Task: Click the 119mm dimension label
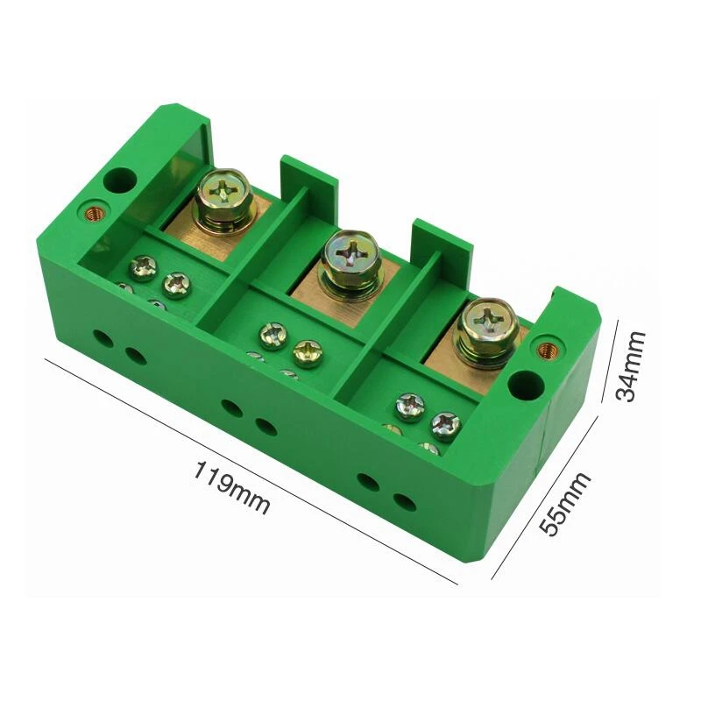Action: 231,488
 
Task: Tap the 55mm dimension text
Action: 564,503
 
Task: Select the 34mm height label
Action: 630,366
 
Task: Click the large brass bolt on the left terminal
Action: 224,201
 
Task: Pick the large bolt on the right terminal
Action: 486,332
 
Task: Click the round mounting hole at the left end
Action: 119,180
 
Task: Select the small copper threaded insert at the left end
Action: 95,214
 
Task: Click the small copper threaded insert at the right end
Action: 545,349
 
